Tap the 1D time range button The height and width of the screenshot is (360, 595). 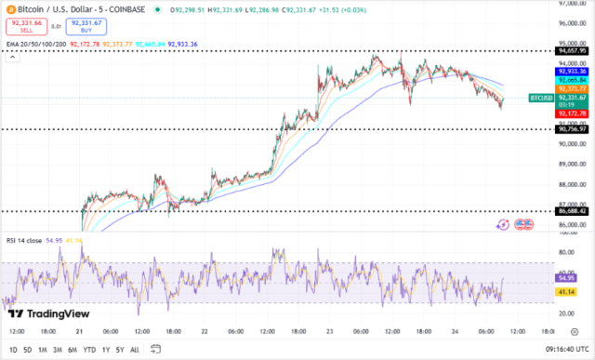click(x=13, y=350)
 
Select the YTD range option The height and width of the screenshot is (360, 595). click(x=89, y=350)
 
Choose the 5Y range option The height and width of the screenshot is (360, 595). click(x=120, y=350)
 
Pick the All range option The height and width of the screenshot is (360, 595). click(x=135, y=350)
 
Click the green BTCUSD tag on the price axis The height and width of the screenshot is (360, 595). click(x=541, y=98)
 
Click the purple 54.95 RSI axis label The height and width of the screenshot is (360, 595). click(x=566, y=277)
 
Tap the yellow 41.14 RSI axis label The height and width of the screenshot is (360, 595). click(x=566, y=292)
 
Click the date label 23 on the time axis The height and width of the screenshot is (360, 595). click(x=330, y=331)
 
